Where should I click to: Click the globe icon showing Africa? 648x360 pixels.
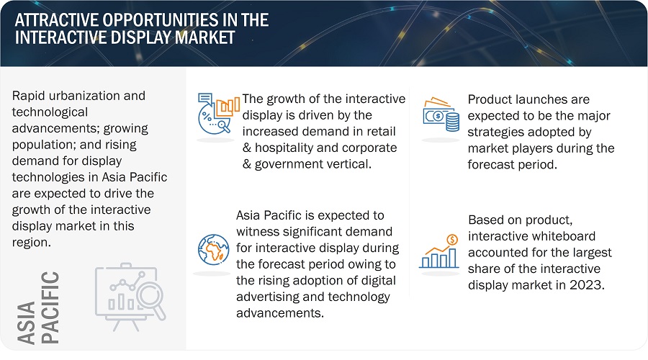[213, 249]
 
